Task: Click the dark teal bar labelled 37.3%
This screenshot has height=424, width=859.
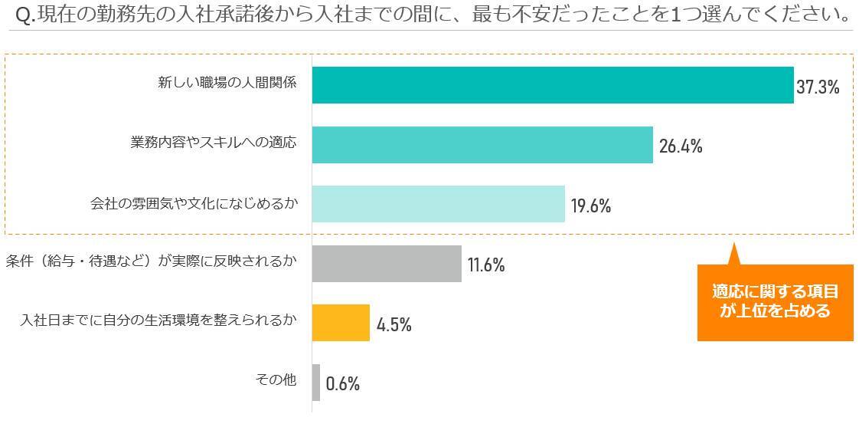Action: (552, 85)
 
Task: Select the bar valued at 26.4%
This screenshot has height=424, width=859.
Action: (482, 145)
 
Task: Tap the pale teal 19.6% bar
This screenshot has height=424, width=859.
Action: (438, 204)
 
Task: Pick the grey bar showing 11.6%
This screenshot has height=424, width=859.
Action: (387, 264)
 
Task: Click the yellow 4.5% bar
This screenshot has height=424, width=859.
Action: (341, 323)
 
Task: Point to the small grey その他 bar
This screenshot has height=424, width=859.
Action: (316, 382)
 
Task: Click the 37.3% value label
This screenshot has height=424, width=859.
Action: (818, 87)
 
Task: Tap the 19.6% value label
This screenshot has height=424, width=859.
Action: (590, 205)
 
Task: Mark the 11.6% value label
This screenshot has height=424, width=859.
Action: (486, 265)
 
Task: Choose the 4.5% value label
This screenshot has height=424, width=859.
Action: (394, 324)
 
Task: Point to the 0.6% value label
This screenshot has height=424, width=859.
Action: (342, 383)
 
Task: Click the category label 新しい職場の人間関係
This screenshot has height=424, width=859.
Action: (227, 84)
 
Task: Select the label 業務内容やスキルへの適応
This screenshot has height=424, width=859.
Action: (213, 143)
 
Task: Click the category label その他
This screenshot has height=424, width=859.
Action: (275, 380)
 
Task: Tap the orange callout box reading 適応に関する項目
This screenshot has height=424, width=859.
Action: (775, 301)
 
